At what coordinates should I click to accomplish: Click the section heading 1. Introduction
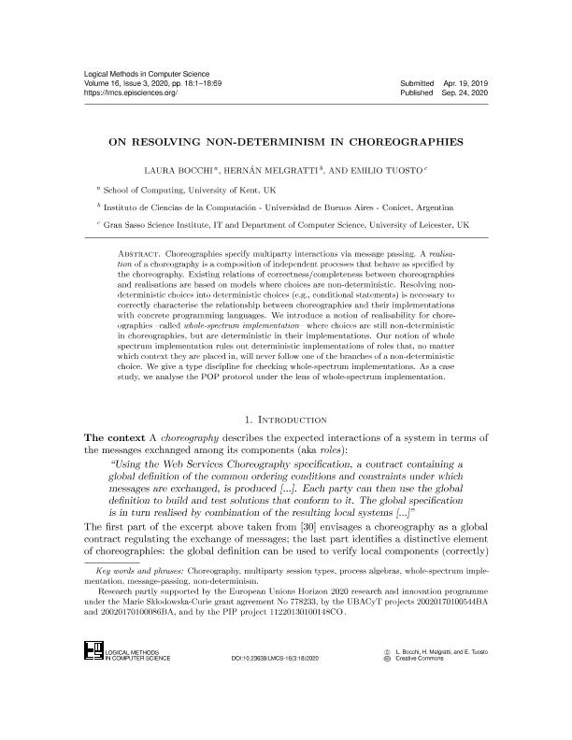(x=286, y=420)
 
